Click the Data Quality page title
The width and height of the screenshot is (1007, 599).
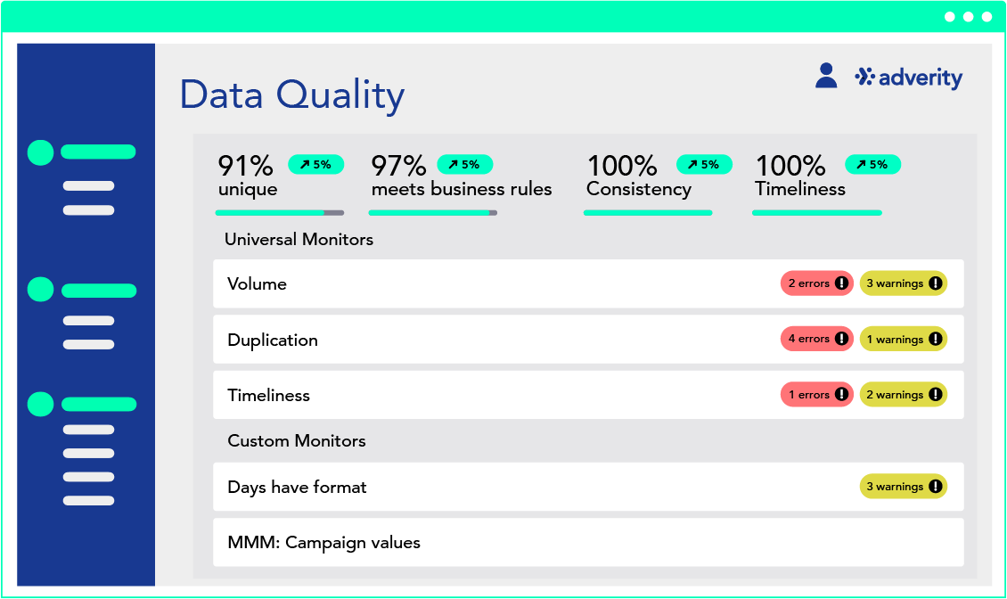pyautogui.click(x=292, y=95)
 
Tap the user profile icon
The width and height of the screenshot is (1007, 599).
pyautogui.click(x=826, y=76)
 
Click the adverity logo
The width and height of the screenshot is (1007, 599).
pyautogui.click(x=909, y=78)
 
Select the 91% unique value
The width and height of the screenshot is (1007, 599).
pyautogui.click(x=246, y=166)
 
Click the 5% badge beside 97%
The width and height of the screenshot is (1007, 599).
pyautogui.click(x=465, y=165)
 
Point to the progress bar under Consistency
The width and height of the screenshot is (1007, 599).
pyautogui.click(x=648, y=213)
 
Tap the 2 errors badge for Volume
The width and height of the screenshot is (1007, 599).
pyautogui.click(x=817, y=283)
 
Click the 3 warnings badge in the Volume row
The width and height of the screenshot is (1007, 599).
pyautogui.click(x=904, y=283)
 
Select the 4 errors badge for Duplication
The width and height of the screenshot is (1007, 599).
pyautogui.click(x=817, y=339)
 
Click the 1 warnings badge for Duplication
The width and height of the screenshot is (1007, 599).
pyautogui.click(x=904, y=339)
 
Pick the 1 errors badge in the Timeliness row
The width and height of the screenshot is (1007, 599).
pyautogui.click(x=817, y=395)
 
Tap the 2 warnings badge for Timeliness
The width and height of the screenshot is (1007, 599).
pyautogui.click(x=904, y=395)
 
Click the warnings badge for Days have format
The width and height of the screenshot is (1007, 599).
pyautogui.click(x=904, y=487)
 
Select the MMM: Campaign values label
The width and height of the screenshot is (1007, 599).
pyautogui.click(x=323, y=543)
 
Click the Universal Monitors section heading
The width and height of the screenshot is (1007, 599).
pyautogui.click(x=299, y=239)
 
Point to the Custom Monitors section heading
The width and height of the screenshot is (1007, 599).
pyautogui.click(x=297, y=440)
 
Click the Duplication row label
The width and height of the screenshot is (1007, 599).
pyautogui.click(x=273, y=340)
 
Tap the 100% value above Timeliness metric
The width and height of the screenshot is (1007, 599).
pyautogui.click(x=790, y=166)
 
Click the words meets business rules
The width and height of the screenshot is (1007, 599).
pyautogui.click(x=462, y=189)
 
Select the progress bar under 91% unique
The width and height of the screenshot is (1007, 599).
pyautogui.click(x=279, y=213)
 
